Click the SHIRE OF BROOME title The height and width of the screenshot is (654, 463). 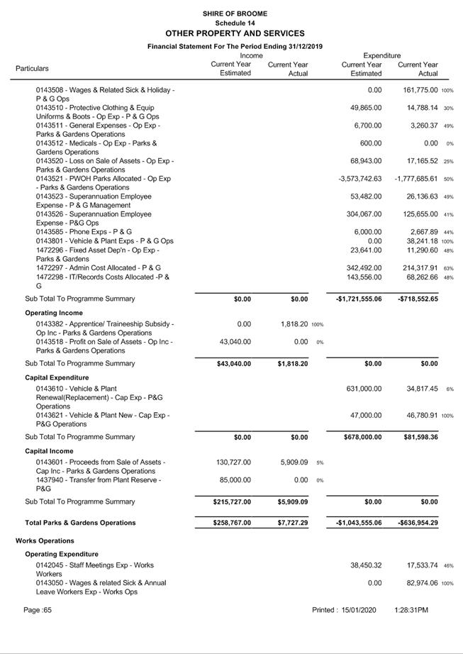click(235, 13)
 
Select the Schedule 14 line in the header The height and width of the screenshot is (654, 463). click(235, 23)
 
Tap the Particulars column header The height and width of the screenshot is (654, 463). click(33, 69)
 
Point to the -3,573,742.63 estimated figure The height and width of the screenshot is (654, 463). click(360, 179)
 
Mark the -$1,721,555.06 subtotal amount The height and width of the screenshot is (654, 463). click(359, 299)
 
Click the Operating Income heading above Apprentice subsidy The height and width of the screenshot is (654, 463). click(54, 313)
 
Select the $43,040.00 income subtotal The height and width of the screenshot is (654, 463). click(233, 364)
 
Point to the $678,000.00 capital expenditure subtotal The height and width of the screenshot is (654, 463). click(361, 437)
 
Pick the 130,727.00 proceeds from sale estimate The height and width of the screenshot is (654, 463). click(233, 462)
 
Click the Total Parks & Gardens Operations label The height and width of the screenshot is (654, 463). click(80, 523)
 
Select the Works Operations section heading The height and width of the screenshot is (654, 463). click(45, 541)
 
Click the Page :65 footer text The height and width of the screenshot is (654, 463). click(38, 610)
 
